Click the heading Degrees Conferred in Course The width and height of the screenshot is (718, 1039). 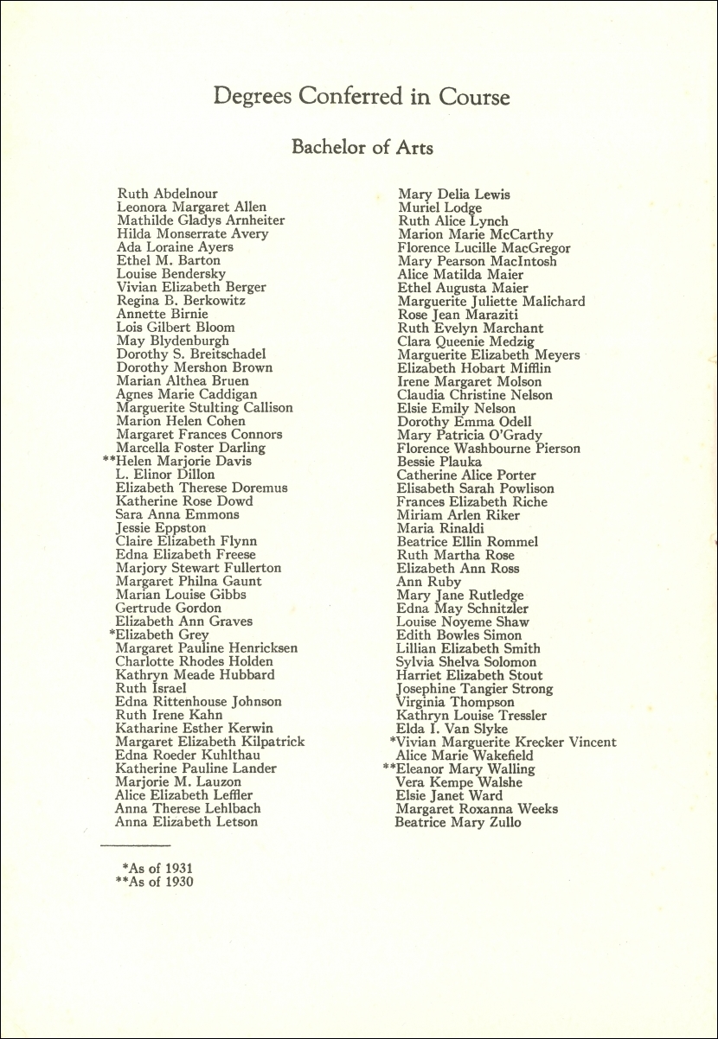pos(362,97)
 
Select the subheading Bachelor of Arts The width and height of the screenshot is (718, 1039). pos(362,148)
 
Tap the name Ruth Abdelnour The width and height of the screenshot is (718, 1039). pos(167,194)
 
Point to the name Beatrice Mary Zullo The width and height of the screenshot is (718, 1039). pos(458,822)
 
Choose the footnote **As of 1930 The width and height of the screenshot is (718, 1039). pos(154,882)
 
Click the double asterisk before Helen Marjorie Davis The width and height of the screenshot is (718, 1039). pos(109,460)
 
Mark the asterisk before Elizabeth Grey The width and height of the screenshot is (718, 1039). pos(112,634)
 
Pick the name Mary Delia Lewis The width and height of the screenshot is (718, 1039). pos(453,194)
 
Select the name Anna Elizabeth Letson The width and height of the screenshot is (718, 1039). pos(186,821)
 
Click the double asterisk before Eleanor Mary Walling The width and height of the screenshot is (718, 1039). pos(388,768)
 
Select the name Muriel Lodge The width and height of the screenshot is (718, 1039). pos(439,207)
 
